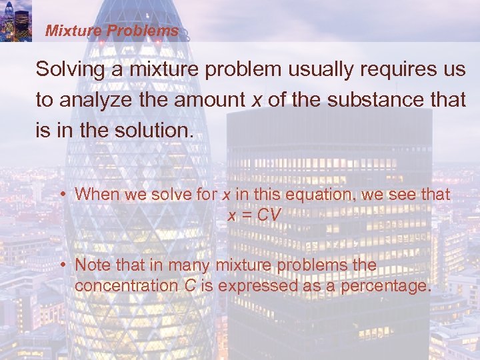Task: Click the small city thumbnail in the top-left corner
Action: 16,21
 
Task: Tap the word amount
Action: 212,100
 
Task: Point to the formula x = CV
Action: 255,215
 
